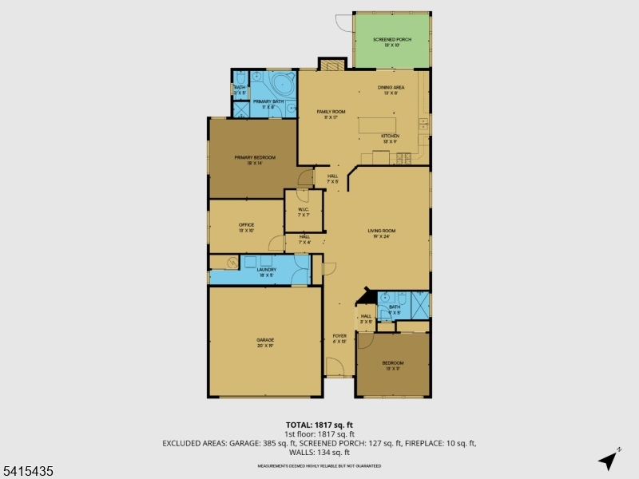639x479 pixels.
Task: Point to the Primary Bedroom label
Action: (255, 158)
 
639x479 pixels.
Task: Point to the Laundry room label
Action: (266, 270)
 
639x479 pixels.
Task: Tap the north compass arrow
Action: (609, 459)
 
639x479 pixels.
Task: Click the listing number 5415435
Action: (28, 472)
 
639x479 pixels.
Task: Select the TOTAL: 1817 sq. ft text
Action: (319, 425)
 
